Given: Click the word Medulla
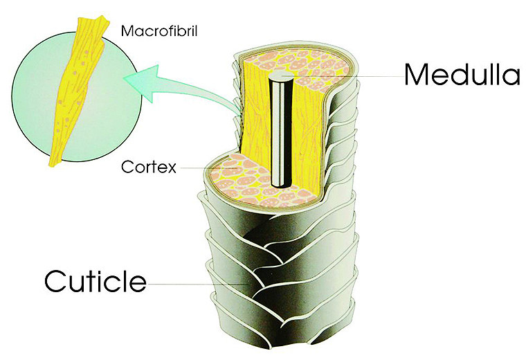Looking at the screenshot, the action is (462, 75).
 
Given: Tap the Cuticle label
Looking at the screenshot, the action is (96, 281).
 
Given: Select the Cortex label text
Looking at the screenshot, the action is (149, 167).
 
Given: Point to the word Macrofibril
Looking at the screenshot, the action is (159, 31).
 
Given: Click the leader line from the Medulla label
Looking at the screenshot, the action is (342, 76).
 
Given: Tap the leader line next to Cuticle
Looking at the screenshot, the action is (198, 285).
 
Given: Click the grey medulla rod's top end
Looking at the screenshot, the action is (280, 75).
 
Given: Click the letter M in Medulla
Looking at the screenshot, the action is (415, 75).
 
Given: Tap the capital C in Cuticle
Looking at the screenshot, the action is (55, 281).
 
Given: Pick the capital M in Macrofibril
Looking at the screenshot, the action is (127, 31).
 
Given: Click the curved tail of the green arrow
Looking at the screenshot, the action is (201, 93).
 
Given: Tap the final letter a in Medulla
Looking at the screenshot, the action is (513, 78).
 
